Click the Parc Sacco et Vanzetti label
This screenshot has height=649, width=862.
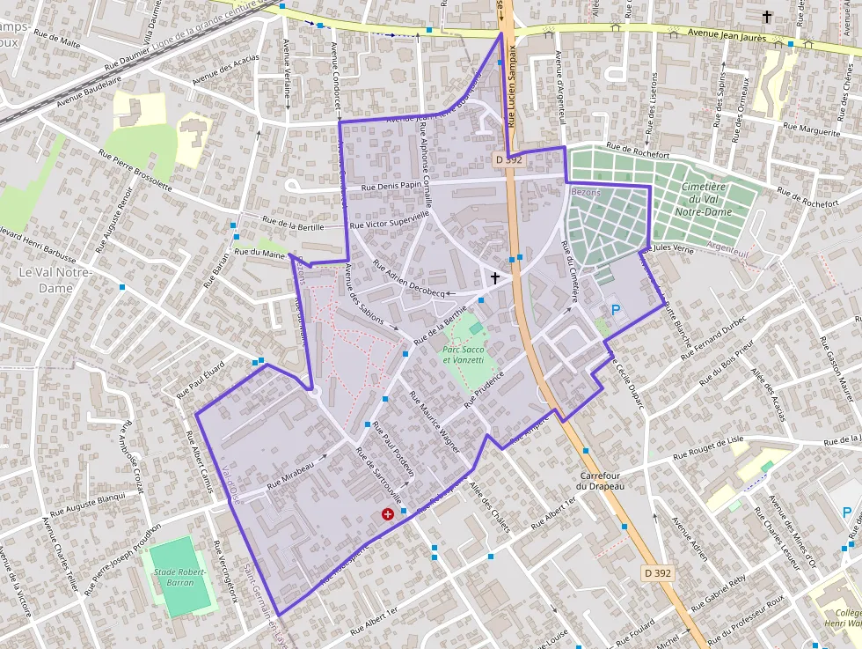(464, 355)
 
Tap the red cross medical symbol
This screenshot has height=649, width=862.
(387, 514)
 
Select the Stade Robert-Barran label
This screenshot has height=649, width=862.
(180, 577)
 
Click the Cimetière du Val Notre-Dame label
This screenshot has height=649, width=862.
(704, 199)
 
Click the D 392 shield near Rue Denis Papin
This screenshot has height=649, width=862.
(508, 160)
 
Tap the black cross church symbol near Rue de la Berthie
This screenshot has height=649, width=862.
(495, 278)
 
